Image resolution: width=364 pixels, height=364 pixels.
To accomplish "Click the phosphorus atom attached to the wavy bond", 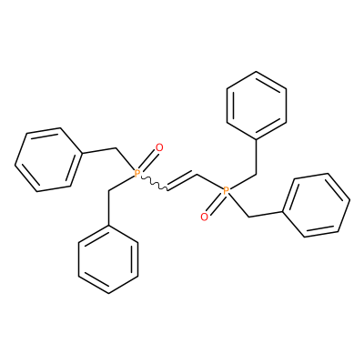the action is (137, 173).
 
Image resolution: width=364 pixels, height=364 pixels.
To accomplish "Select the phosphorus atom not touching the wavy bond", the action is (226, 191).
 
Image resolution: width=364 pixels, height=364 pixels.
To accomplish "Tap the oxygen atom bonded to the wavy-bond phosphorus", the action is (159, 147).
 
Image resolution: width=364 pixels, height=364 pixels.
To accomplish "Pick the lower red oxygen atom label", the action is (204, 217).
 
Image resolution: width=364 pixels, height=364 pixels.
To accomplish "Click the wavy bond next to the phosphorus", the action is (154, 183).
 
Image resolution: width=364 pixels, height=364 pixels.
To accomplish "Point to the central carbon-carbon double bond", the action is (182, 181).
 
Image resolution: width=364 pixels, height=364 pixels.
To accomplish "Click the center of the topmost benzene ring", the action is (257, 106).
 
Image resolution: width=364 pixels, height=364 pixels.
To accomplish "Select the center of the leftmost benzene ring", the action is (48, 160).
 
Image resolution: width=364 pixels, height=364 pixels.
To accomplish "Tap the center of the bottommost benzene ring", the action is (108, 259).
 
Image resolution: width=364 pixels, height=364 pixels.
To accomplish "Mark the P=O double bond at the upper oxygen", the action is (148, 160).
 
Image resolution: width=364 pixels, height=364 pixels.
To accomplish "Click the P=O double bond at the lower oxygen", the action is (215, 204).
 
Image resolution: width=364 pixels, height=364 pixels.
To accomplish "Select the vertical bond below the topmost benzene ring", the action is (257, 157).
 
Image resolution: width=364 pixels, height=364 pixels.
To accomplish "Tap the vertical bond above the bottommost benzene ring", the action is (108, 207).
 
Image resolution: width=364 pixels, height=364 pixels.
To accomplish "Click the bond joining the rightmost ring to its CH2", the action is (266, 214).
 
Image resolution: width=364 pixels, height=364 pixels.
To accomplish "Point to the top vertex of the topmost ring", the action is (257, 72).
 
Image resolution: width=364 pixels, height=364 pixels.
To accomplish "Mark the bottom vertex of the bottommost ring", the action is (108, 294).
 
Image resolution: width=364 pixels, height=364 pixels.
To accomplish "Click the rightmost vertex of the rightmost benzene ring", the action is (350, 200).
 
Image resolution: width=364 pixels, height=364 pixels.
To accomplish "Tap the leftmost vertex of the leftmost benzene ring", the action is (15, 166).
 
